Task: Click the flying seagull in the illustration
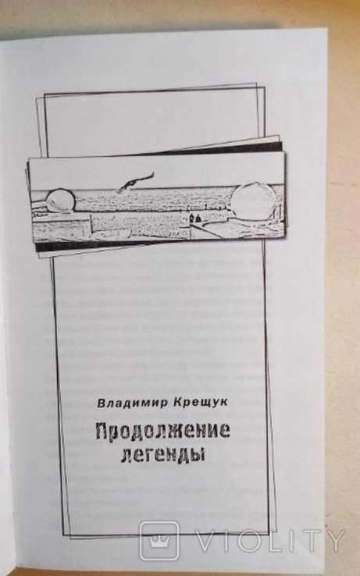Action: point(134,182)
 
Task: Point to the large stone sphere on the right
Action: point(253,199)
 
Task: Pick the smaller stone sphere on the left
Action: point(59,201)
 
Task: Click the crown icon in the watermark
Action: point(159,540)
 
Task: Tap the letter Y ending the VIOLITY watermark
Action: point(333,540)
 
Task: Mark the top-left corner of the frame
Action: point(45,94)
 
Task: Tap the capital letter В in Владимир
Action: point(101,403)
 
